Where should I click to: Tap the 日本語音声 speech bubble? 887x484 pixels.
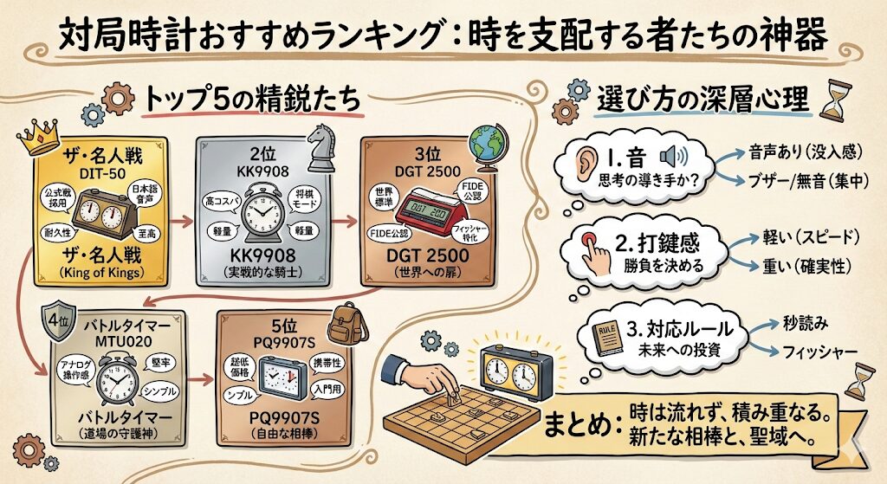pyautogui.click(x=145, y=194)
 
